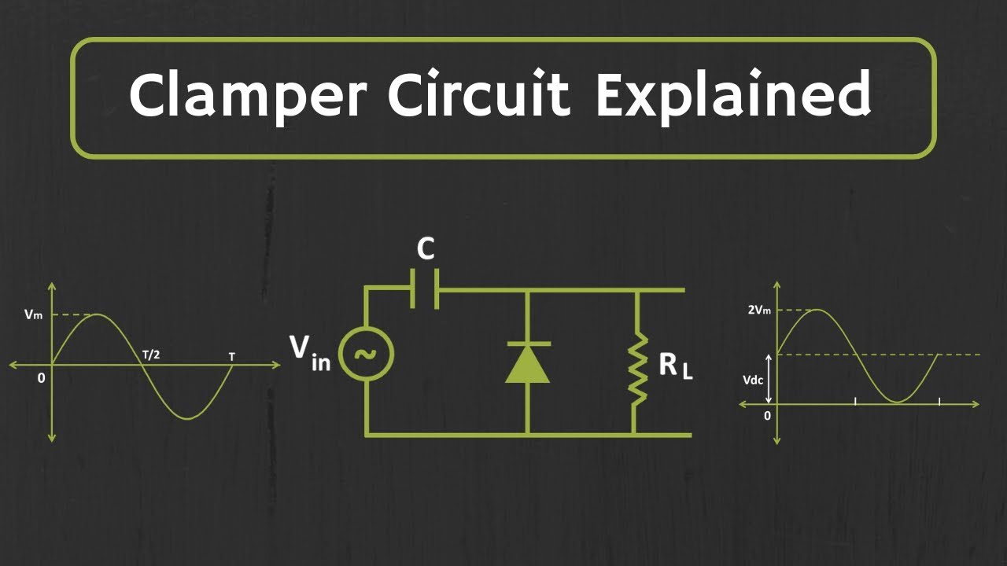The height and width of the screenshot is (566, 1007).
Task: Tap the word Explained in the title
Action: click(732, 96)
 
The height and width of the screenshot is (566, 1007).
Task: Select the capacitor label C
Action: click(425, 249)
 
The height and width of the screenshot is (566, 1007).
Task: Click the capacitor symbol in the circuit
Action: click(425, 290)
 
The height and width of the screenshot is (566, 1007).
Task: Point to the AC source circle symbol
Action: click(366, 354)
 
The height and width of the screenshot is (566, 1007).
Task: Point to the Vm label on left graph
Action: click(33, 314)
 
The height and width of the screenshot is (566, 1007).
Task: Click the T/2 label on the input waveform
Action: click(152, 355)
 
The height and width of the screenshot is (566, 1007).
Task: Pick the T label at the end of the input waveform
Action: click(231, 357)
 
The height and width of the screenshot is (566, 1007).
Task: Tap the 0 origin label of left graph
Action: click(41, 378)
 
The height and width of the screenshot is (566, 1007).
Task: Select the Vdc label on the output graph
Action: click(753, 379)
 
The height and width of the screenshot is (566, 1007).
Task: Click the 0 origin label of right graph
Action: click(767, 416)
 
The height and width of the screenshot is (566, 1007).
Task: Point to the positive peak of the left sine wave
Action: click(96, 315)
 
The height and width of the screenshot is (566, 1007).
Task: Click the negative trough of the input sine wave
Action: click(187, 417)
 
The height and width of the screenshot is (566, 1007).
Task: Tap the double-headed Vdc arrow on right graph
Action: click(769, 378)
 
